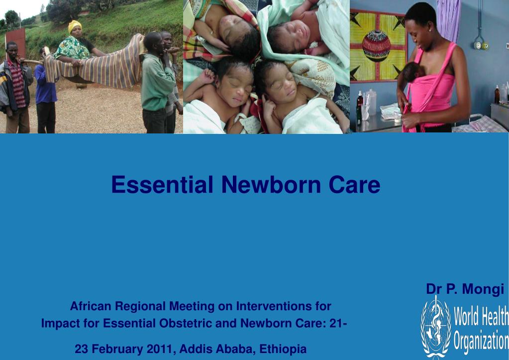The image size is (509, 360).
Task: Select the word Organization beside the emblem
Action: [x=481, y=341]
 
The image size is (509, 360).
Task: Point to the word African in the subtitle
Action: [x=90, y=305]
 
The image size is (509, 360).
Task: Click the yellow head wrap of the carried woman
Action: [x=75, y=26]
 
